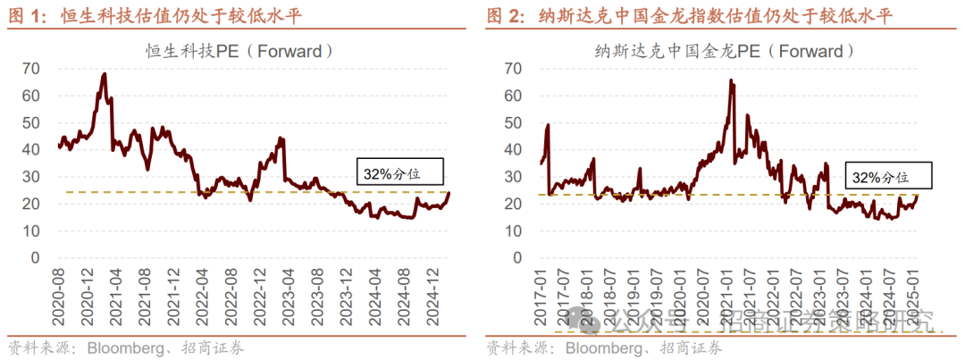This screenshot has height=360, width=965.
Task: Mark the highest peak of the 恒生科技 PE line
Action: pyautogui.click(x=105, y=74)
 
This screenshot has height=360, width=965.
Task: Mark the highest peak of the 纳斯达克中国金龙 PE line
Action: pyautogui.click(x=731, y=80)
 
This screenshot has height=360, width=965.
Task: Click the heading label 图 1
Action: pyautogui.click(x=26, y=16)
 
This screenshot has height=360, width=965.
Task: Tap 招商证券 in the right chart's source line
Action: pyautogui.click(x=693, y=347)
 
